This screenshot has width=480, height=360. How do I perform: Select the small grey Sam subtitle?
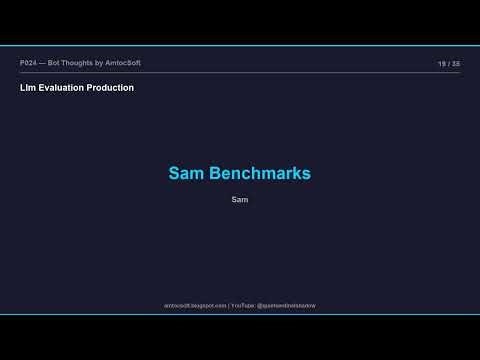click(239, 200)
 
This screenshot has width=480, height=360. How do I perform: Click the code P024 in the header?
click(28, 63)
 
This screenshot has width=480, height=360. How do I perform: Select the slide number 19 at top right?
click(441, 63)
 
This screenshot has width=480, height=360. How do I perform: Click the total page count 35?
click(456, 63)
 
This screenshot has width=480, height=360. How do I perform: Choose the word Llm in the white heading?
click(26, 88)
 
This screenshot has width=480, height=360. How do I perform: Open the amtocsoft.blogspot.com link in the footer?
click(195, 305)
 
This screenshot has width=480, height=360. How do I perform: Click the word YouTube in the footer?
click(243, 305)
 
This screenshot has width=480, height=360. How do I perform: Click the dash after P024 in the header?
click(43, 63)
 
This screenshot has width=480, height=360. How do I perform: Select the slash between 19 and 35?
click(449, 63)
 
